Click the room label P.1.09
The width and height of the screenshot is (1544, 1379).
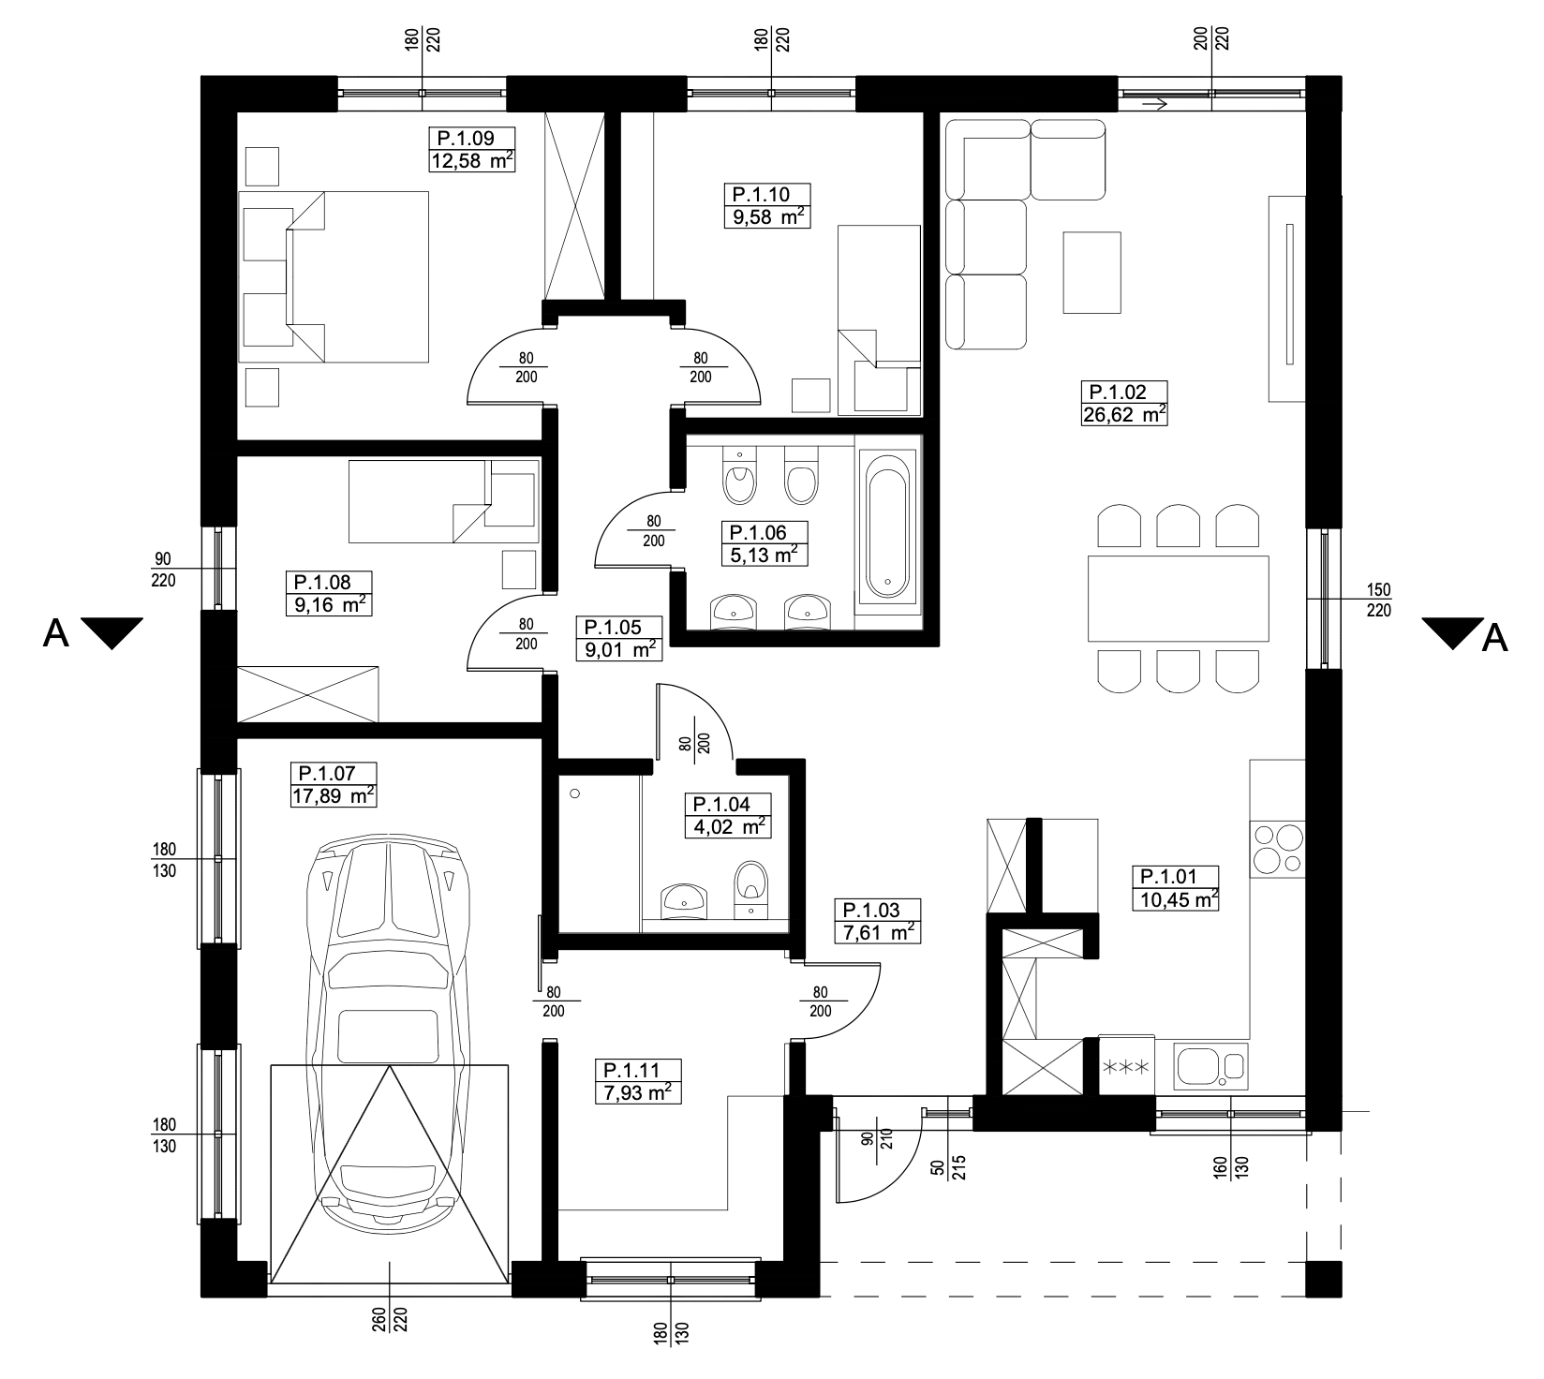459,138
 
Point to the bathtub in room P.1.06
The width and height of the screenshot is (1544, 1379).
886,526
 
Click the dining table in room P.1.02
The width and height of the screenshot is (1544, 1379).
1178,598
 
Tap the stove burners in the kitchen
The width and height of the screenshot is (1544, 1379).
1277,849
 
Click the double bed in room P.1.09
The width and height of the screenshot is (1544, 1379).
334,277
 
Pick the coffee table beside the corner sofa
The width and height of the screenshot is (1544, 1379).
1091,273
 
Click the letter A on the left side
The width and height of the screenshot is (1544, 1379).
57,634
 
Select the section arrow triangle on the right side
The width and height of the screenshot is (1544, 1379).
1451,632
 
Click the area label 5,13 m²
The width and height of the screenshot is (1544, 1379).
765,555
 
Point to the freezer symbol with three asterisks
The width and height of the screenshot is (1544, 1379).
1125,1067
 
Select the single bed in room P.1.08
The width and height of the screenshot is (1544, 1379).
444,500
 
